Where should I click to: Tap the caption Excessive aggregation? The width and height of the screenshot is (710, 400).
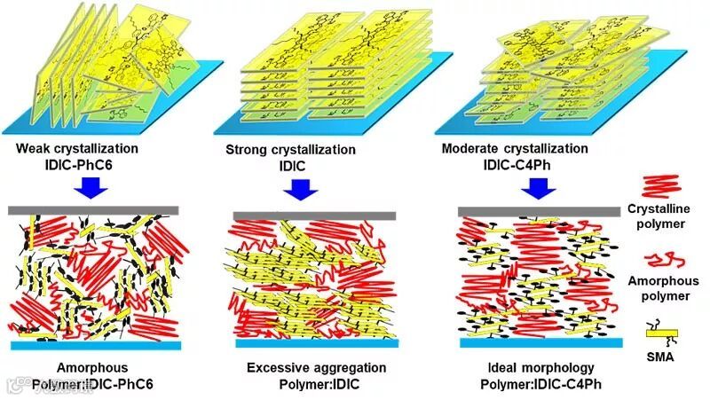click(316, 367)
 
